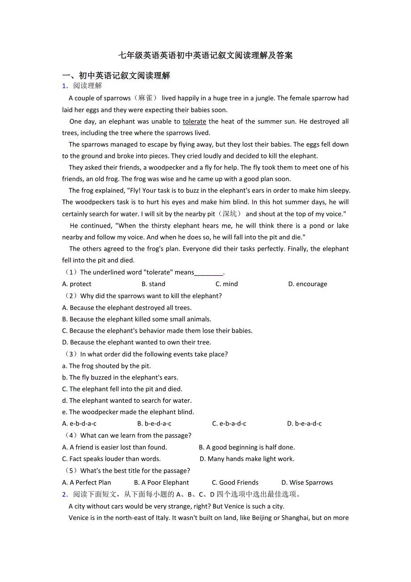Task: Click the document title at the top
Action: tap(205, 55)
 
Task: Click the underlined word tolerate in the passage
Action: tap(194, 122)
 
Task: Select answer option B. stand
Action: tap(153, 284)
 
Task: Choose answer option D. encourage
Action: tap(307, 284)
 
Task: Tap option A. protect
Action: tap(77, 284)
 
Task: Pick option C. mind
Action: tap(226, 284)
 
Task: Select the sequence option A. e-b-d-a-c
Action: tap(80, 424)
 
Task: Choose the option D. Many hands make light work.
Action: tap(247, 459)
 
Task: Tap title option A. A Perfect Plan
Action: tap(87, 483)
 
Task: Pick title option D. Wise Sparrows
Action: tap(307, 483)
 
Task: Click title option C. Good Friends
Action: tap(235, 483)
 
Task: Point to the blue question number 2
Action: tap(65, 494)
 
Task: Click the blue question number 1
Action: tap(65, 86)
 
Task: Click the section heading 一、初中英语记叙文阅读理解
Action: tap(116, 76)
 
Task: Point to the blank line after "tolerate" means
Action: tap(209, 273)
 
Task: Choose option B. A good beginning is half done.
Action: tap(247, 447)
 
